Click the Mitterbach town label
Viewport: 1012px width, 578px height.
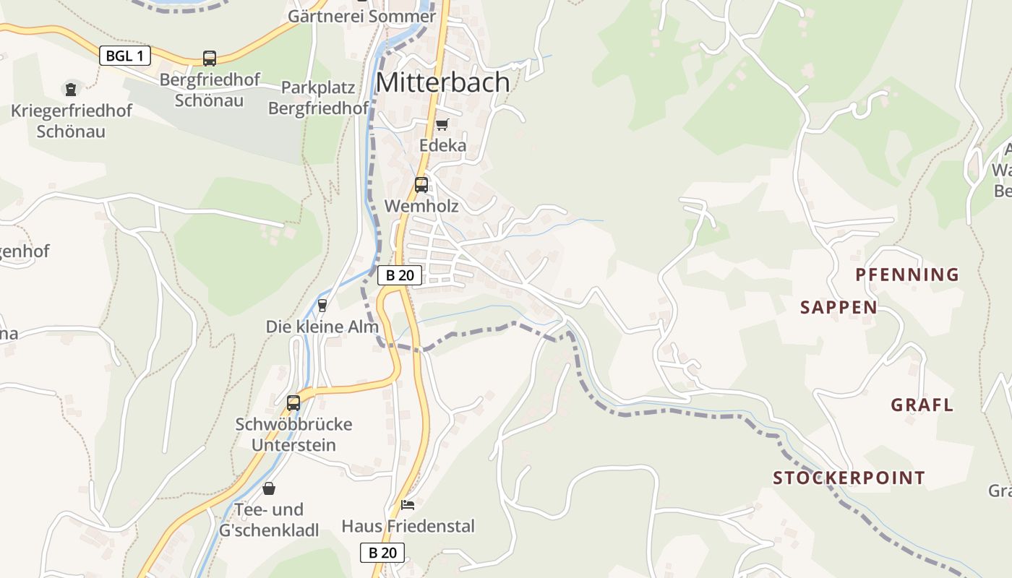click(442, 82)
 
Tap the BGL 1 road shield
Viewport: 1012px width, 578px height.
click(124, 56)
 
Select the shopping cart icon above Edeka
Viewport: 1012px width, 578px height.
click(442, 124)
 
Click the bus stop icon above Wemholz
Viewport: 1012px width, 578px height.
click(421, 185)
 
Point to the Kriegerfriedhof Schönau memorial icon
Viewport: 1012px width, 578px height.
click(70, 90)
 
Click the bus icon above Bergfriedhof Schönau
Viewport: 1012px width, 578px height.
click(209, 59)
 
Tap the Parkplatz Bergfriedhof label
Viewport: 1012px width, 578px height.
click(318, 98)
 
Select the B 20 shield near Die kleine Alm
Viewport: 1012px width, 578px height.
click(399, 275)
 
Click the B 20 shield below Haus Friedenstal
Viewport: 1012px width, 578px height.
click(382, 553)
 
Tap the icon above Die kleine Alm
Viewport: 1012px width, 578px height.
click(322, 305)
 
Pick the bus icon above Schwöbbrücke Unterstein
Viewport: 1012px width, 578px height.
click(293, 403)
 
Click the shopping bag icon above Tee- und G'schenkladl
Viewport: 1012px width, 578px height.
click(269, 488)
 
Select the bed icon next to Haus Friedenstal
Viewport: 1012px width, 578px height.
click(408, 504)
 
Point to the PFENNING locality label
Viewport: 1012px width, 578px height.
click(907, 275)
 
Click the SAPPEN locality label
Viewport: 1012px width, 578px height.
click(839, 308)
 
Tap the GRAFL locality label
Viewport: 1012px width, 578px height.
click(922, 405)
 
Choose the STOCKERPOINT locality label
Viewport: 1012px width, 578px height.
click(849, 478)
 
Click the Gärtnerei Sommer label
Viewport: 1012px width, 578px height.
click(361, 16)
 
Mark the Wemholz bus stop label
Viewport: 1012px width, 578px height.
click(421, 206)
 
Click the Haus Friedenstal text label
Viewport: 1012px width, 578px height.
click(408, 526)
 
